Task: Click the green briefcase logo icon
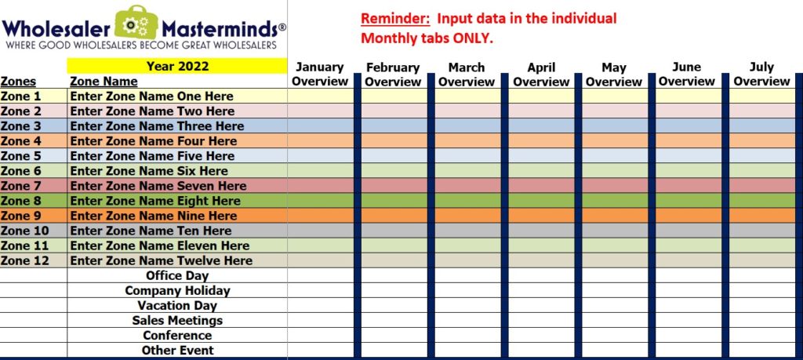(136, 23)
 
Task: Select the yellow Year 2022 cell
(177, 66)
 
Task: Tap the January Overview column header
(320, 75)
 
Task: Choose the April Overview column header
(541, 75)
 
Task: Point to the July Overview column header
(761, 75)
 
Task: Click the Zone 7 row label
(20, 185)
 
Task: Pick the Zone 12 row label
(24, 260)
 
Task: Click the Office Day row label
(177, 275)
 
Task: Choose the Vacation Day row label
(177, 305)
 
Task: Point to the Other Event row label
(178, 351)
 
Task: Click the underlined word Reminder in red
(395, 19)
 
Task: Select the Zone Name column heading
(104, 82)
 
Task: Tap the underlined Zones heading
(19, 82)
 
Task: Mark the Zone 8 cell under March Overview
(467, 201)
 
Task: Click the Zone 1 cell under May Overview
(615, 96)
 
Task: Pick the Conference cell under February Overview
(394, 336)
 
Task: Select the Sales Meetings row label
(177, 321)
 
